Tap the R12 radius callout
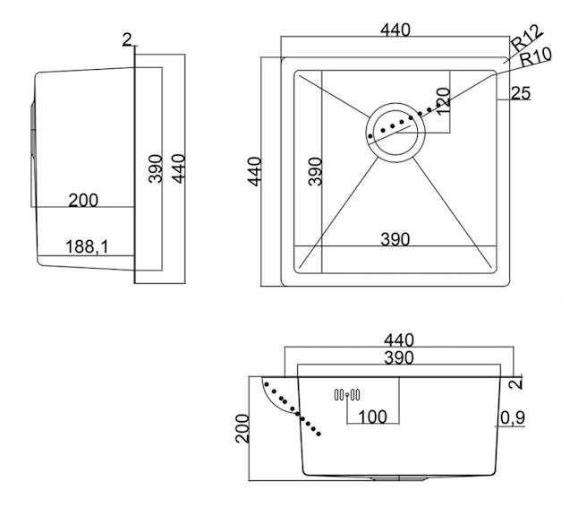[x=527, y=39]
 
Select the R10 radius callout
[x=536, y=56]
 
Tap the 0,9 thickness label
[x=513, y=417]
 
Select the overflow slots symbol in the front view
[x=346, y=394]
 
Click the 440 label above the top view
[x=395, y=30]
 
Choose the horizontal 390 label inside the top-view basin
[x=395, y=239]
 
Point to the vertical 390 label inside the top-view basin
[x=315, y=171]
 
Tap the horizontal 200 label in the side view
[x=83, y=201]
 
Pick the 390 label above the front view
[x=396, y=358]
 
